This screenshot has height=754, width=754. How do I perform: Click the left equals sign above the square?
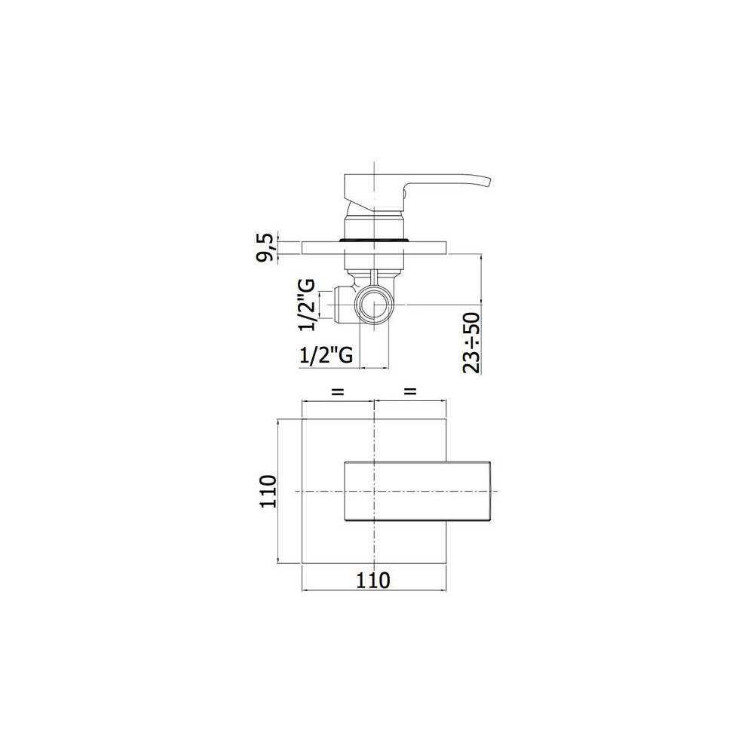coord(337,392)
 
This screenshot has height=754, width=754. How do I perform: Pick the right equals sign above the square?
coord(410,392)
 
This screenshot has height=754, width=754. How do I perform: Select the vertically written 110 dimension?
coord(267,492)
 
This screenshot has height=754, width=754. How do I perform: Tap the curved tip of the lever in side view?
coord(486,181)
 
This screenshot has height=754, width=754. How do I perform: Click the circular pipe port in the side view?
coord(375,306)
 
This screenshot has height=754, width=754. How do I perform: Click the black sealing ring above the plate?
coord(375,239)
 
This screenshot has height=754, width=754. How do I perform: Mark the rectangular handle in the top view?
coord(418,490)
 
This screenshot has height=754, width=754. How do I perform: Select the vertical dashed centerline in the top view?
coord(375,543)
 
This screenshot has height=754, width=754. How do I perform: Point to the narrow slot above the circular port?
coord(374,277)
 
